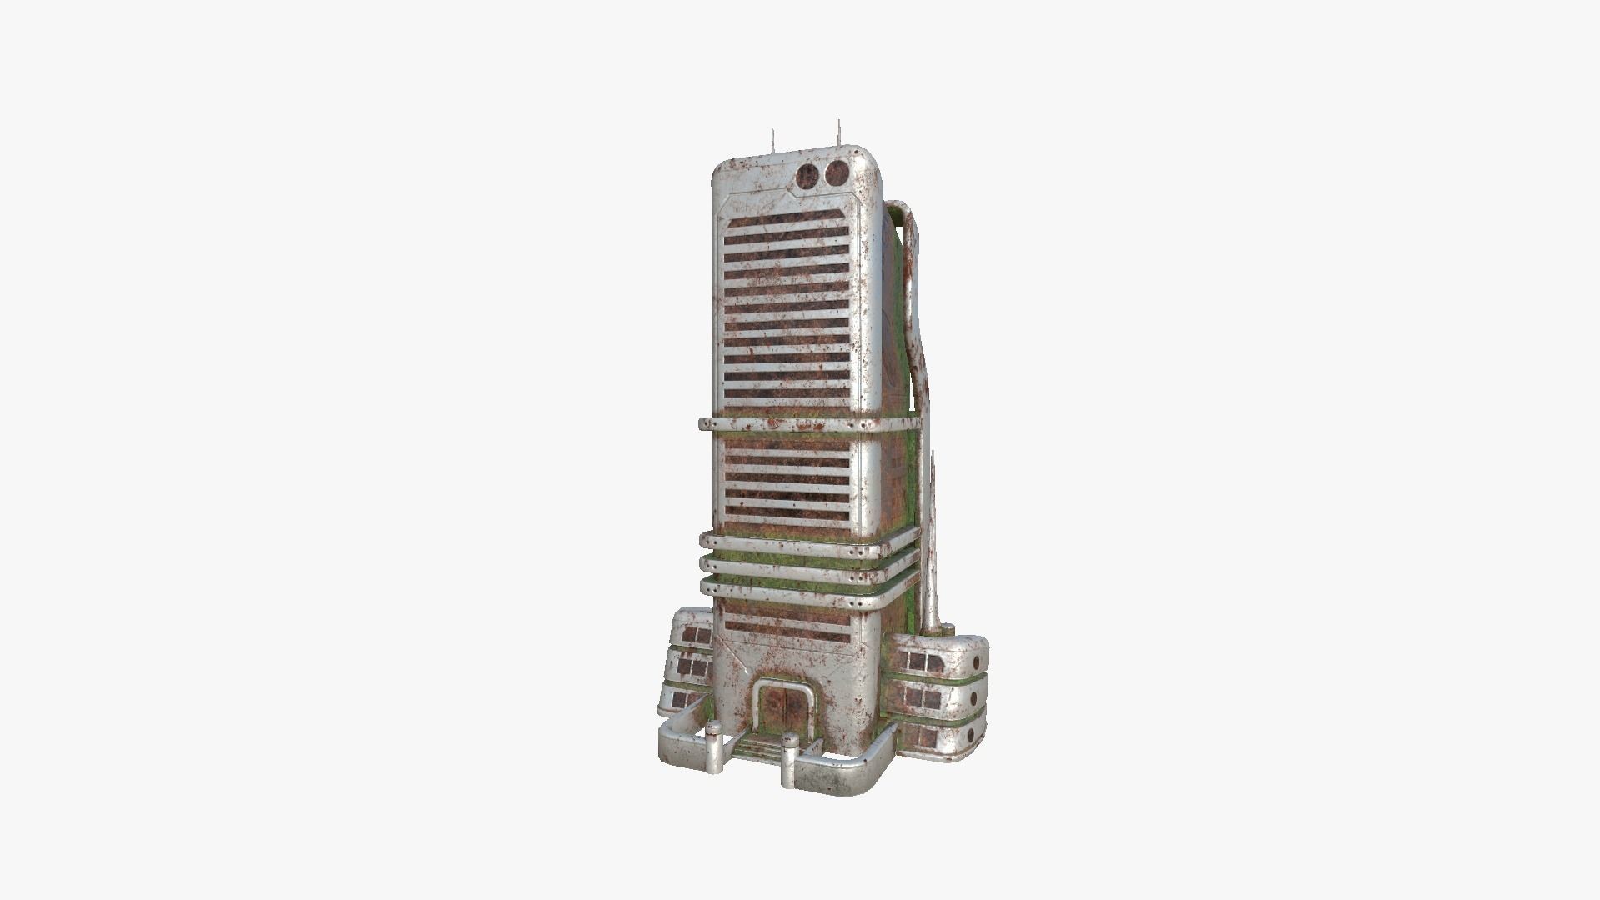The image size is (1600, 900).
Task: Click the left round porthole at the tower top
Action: pyautogui.click(x=807, y=175)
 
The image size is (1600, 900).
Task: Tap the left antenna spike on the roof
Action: pyautogui.click(x=773, y=142)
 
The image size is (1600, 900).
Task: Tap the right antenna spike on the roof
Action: pyautogui.click(x=839, y=132)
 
